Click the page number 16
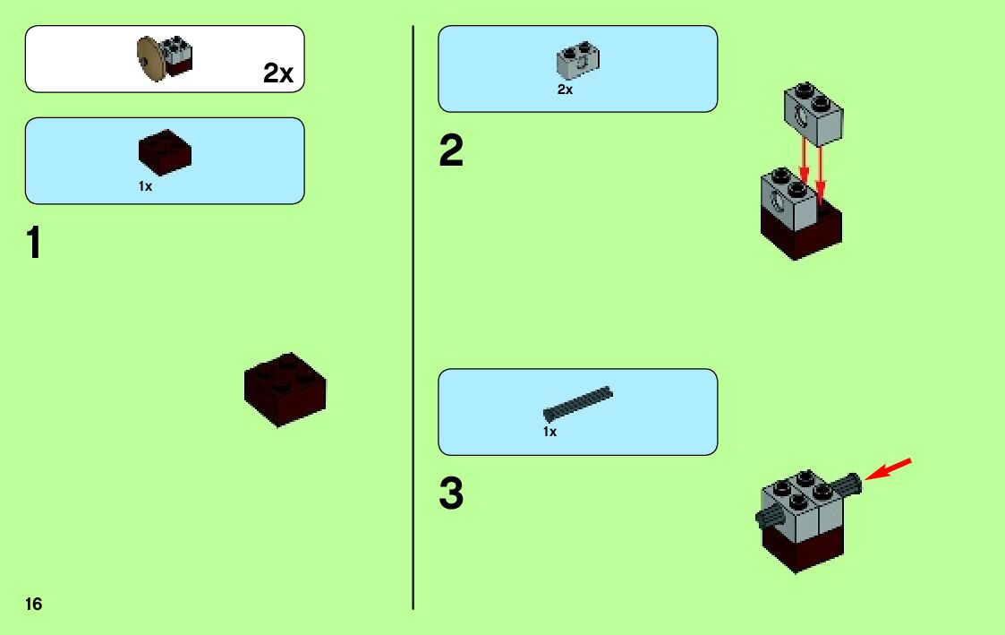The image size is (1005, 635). [34, 605]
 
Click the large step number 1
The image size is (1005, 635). [34, 244]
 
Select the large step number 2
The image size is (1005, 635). [451, 152]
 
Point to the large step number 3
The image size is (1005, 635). [451, 494]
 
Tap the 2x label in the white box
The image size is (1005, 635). [278, 73]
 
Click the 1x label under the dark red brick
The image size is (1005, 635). [145, 186]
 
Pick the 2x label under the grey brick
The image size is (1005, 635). [565, 90]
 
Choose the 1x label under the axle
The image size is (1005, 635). [549, 433]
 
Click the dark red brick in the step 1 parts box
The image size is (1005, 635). [165, 152]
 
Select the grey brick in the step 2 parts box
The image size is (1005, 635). [578, 60]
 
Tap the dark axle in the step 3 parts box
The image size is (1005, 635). [578, 404]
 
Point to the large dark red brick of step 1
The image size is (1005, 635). [285, 389]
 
